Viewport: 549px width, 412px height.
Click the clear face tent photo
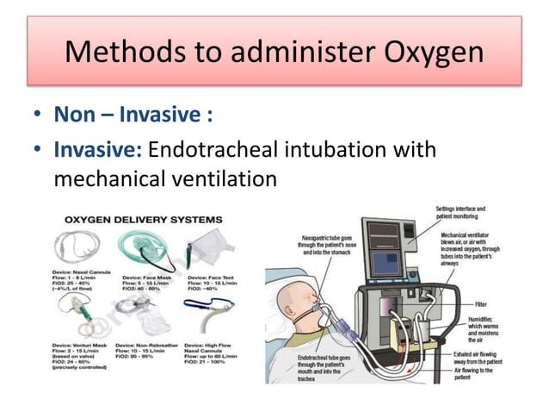tap(205, 247)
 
